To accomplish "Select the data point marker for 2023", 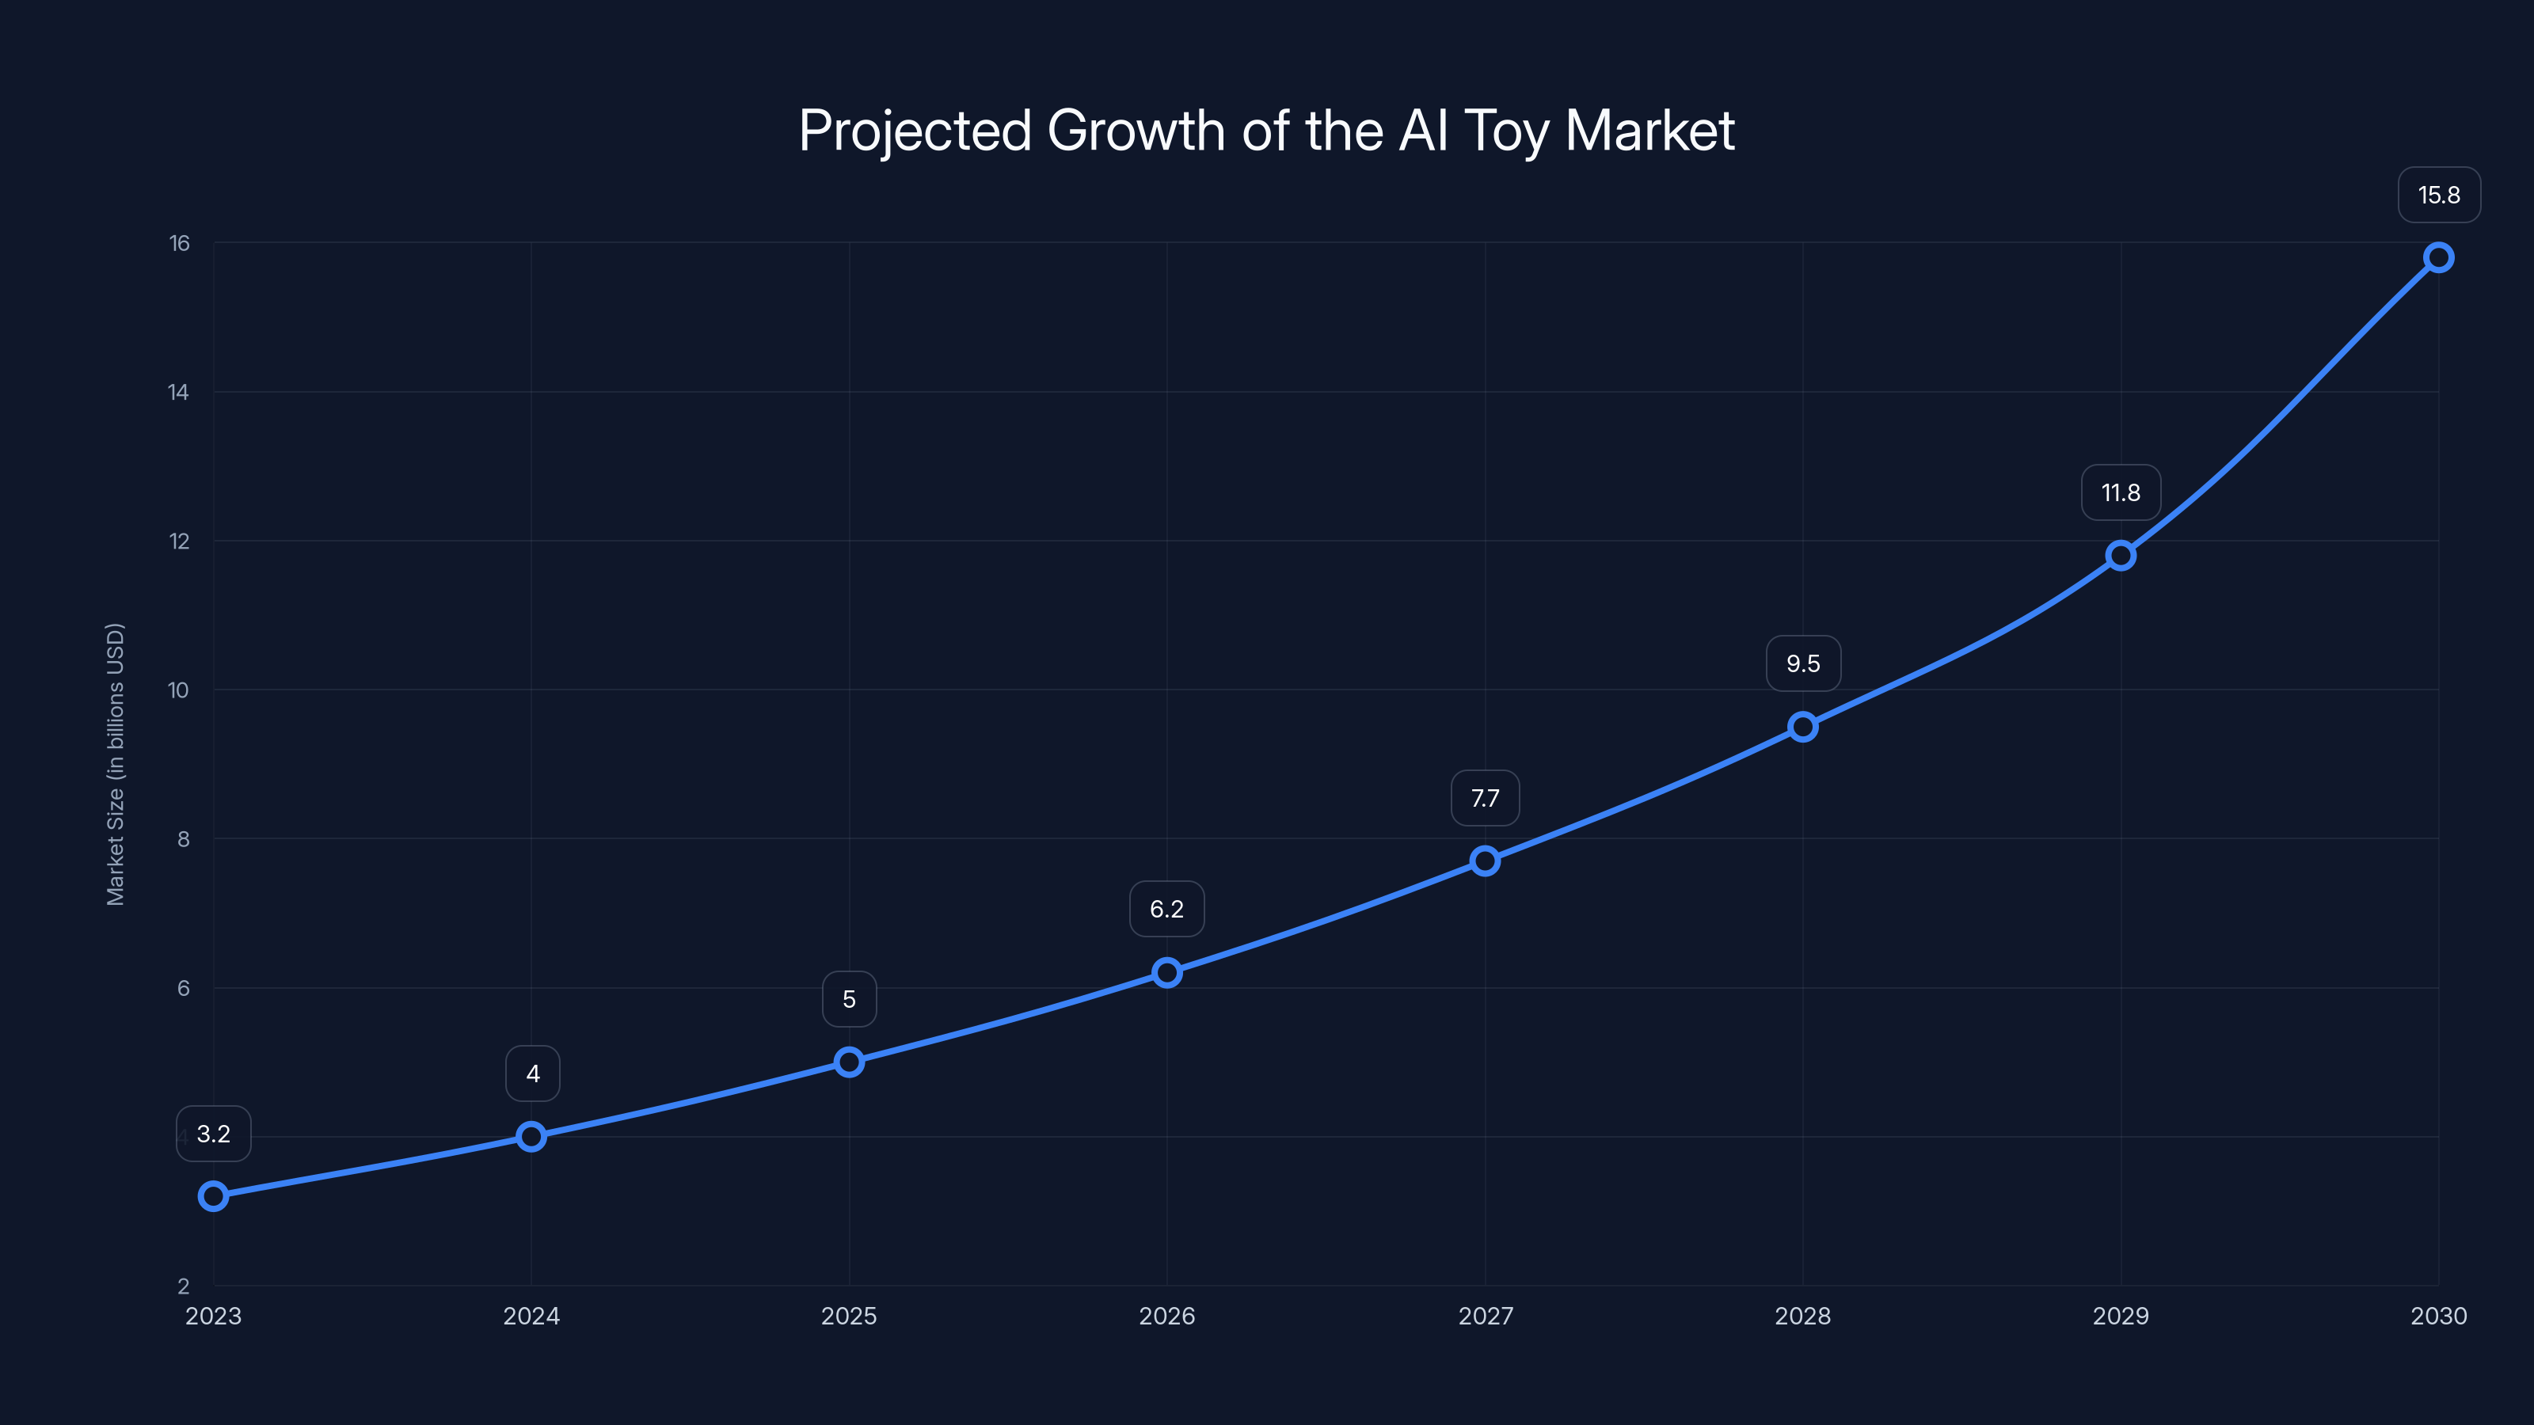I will (214, 1196).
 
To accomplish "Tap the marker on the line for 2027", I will (1485, 861).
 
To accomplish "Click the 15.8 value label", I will (2439, 195).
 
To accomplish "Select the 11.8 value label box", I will (2120, 492).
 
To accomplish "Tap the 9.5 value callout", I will (1802, 664).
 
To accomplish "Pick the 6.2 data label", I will (1166, 909).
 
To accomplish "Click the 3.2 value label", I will (214, 1134).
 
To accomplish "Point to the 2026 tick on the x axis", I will (1166, 1316).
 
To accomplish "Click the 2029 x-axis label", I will (2120, 1316).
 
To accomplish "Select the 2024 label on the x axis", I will (531, 1316).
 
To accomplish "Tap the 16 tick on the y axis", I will (179, 243).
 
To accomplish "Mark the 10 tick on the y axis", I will (178, 690).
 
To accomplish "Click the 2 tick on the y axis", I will (183, 1286).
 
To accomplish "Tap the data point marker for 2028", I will (1802, 728).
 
